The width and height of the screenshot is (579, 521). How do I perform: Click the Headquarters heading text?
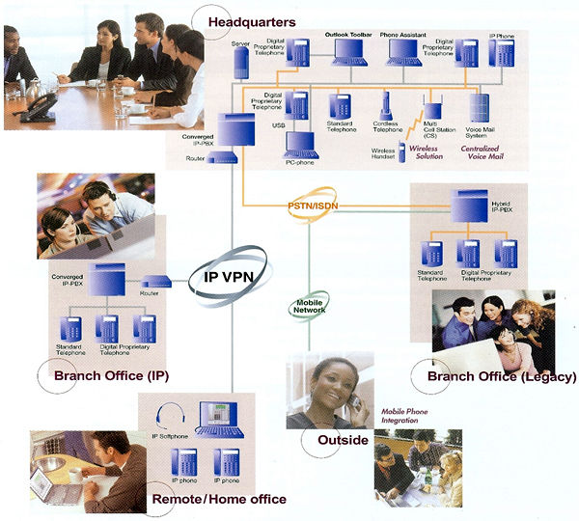(257, 20)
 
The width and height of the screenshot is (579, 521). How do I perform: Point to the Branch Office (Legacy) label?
(501, 376)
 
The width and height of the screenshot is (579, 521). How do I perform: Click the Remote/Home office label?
(219, 499)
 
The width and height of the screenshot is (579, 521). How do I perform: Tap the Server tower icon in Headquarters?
(240, 63)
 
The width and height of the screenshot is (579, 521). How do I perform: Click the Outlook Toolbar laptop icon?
(348, 52)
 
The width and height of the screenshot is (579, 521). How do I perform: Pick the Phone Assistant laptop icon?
(404, 52)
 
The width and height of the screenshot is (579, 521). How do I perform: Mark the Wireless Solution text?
(426, 152)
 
